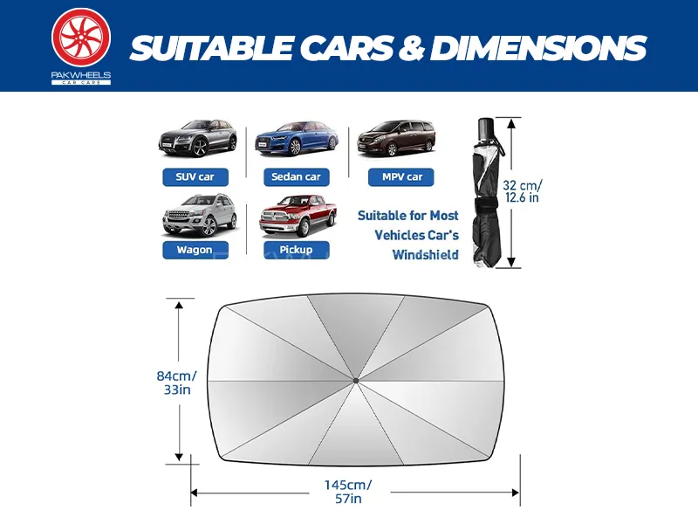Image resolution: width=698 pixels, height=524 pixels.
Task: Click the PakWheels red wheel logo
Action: (x=81, y=38)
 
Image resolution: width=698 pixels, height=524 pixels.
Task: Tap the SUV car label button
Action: (x=195, y=177)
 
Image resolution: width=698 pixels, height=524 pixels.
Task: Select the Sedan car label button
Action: (x=297, y=177)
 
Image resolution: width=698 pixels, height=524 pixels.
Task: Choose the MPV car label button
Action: (x=401, y=177)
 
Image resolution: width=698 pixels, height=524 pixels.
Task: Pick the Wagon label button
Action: (x=195, y=250)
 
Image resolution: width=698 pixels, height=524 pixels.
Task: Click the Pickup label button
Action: (x=297, y=250)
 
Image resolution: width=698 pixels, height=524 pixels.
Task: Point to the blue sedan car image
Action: (x=297, y=138)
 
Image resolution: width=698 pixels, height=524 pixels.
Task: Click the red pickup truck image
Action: (x=298, y=215)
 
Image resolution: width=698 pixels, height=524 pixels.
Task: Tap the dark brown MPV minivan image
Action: (x=396, y=138)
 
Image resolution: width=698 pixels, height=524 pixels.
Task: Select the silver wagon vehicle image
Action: (x=199, y=215)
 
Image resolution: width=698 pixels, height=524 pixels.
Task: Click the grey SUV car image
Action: (x=198, y=138)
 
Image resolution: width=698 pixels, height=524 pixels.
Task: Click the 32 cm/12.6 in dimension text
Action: (x=523, y=191)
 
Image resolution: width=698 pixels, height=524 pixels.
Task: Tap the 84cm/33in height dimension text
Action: (x=177, y=383)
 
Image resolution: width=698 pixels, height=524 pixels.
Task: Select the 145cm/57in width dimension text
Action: (x=348, y=492)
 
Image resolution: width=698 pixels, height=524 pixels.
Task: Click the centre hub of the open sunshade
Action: (x=356, y=381)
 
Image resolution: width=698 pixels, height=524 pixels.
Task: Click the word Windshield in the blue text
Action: (x=425, y=255)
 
